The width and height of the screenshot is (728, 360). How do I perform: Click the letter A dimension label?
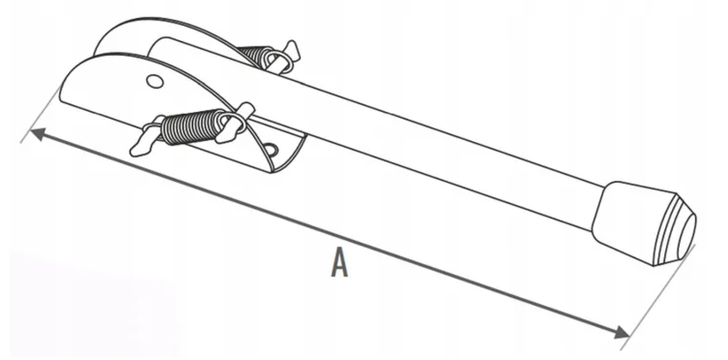339,263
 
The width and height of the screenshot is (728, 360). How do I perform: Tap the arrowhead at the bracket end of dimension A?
38,133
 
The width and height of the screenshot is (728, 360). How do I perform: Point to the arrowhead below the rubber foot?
622,333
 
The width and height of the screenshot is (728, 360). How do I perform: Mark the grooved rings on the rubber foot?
667,228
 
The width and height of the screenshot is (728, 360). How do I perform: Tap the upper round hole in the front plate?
154,81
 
